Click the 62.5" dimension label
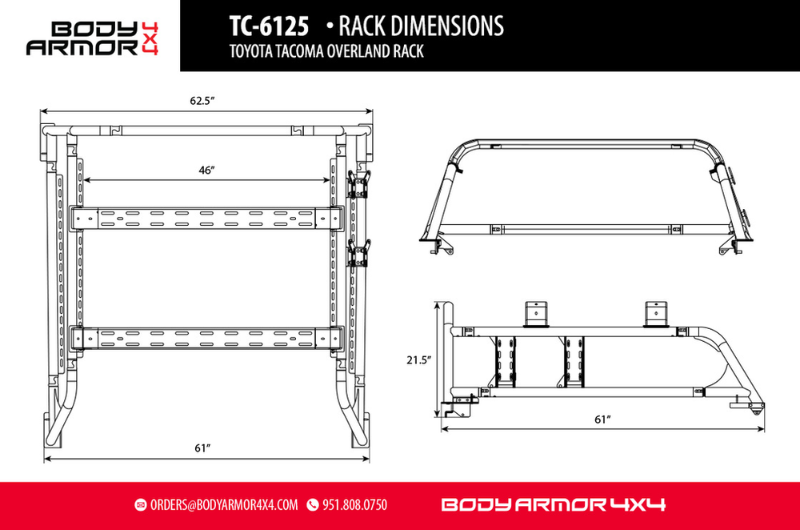[x=202, y=101]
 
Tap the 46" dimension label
[x=206, y=170]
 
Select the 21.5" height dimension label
[x=419, y=360]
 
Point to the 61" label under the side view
[x=602, y=420]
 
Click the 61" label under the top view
[x=202, y=448]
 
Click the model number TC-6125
[x=269, y=26]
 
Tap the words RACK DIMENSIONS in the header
[x=421, y=26]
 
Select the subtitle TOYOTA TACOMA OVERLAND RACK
[x=326, y=51]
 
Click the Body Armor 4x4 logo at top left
[x=92, y=38]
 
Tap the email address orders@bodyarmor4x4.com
[x=224, y=505]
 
